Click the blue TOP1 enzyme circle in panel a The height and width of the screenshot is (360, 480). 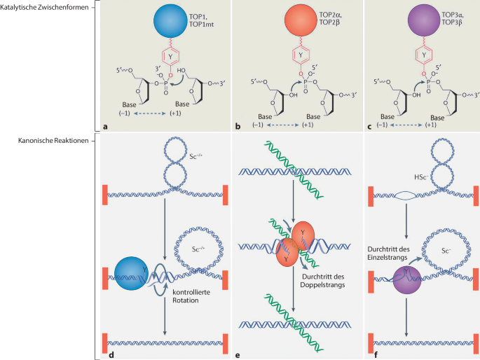(x=166, y=20)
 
